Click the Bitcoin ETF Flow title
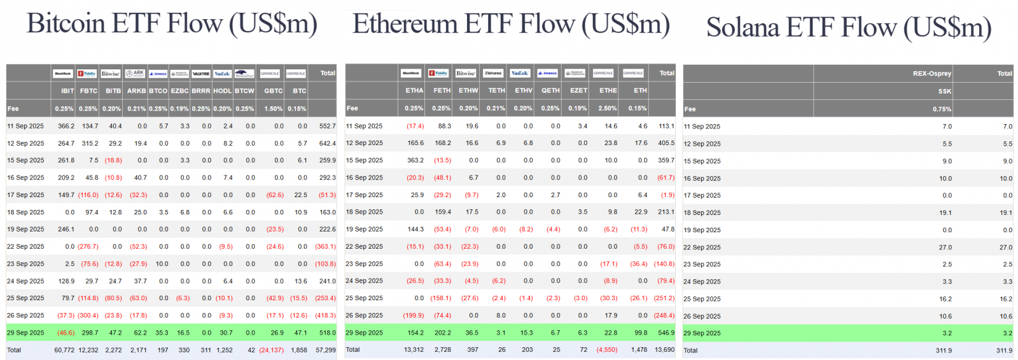(172, 24)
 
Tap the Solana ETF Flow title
(849, 28)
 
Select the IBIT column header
(67, 91)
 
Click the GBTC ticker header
(274, 91)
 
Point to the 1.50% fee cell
(274, 109)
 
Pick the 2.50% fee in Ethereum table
(608, 108)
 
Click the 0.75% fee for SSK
(942, 109)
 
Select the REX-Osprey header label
(932, 74)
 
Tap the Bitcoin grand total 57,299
(326, 350)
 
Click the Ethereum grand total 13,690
(664, 349)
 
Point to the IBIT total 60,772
(64, 350)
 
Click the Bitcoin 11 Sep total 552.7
(327, 126)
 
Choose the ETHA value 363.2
(415, 160)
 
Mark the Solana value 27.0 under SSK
(945, 247)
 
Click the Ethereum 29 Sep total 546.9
(666, 333)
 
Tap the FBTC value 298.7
(90, 333)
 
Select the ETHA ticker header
(414, 90)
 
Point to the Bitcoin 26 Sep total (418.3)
(326, 315)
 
